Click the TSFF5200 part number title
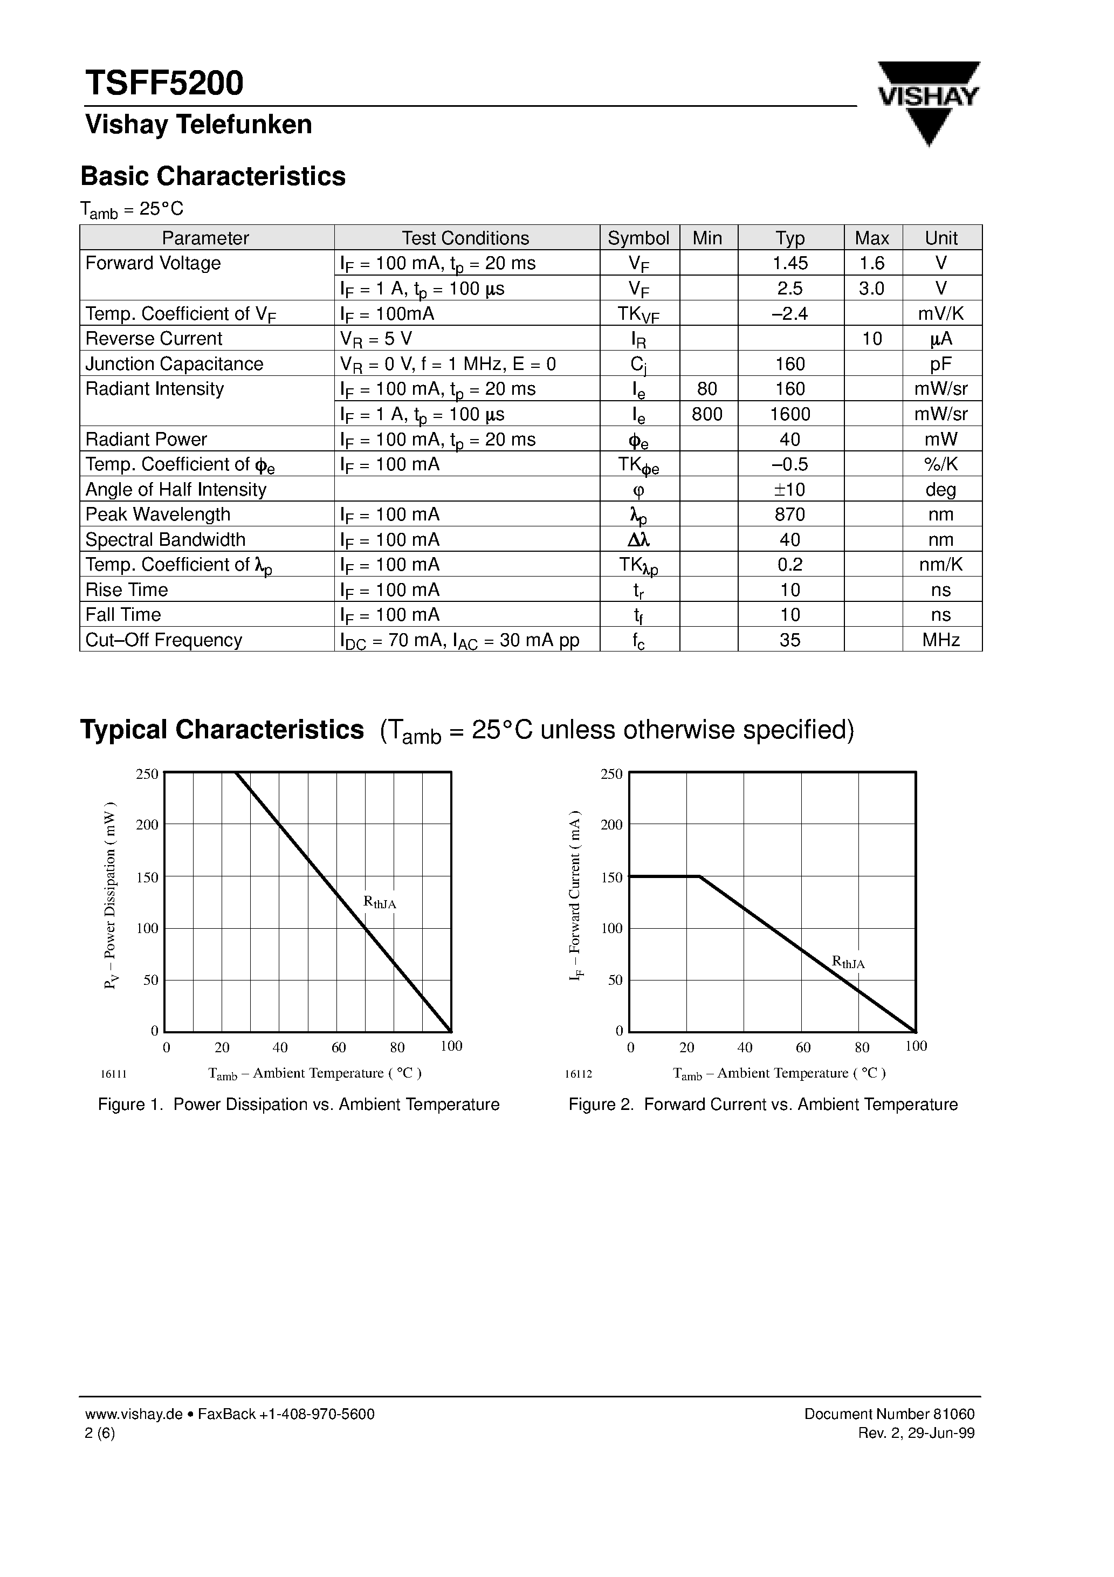pos(164,83)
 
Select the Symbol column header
pos(638,238)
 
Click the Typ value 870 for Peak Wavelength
pos(790,515)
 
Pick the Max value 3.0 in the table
pos(871,289)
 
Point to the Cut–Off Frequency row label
pos(163,640)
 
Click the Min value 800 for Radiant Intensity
pos(707,414)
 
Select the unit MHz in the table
pos(940,640)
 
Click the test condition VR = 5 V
pos(376,339)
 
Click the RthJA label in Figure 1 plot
pos(379,902)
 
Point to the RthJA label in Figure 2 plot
pos(848,962)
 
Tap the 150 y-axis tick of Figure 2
pos(611,877)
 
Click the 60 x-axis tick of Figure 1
pos(339,1047)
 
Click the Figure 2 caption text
pos(762,1105)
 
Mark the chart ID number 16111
pos(113,1074)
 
